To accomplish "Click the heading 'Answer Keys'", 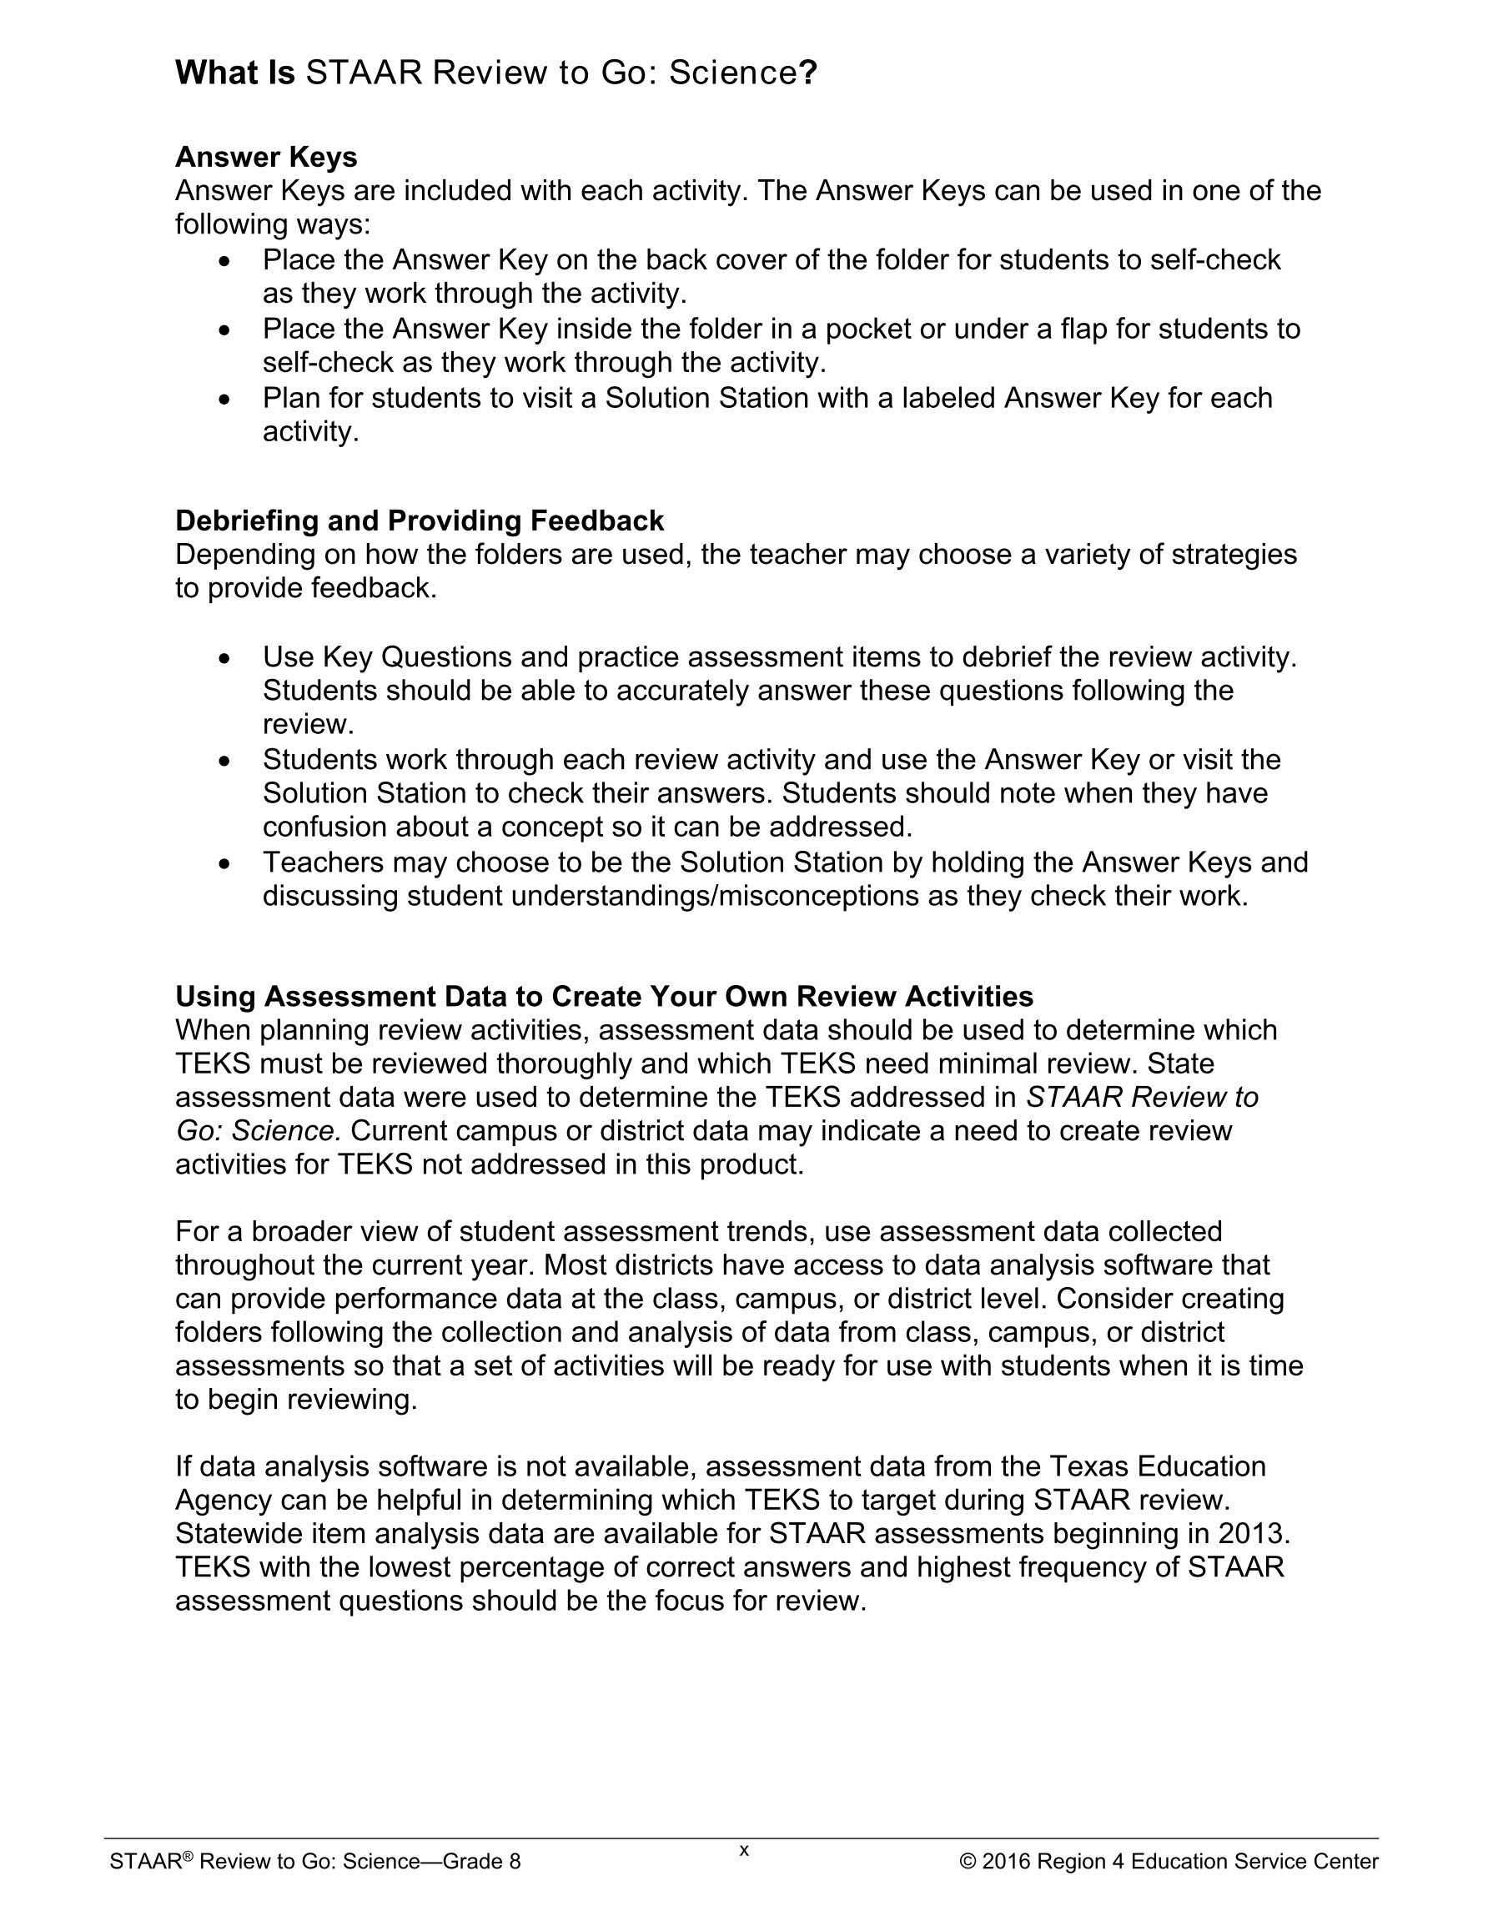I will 265,157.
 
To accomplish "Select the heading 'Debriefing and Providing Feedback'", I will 419,520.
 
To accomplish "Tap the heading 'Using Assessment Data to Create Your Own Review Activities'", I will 604,996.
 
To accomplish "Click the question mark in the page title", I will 809,73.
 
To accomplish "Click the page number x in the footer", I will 743,1850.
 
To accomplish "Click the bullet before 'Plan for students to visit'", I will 226,400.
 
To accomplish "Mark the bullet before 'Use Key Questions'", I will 226,658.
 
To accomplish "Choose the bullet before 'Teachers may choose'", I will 226,863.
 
